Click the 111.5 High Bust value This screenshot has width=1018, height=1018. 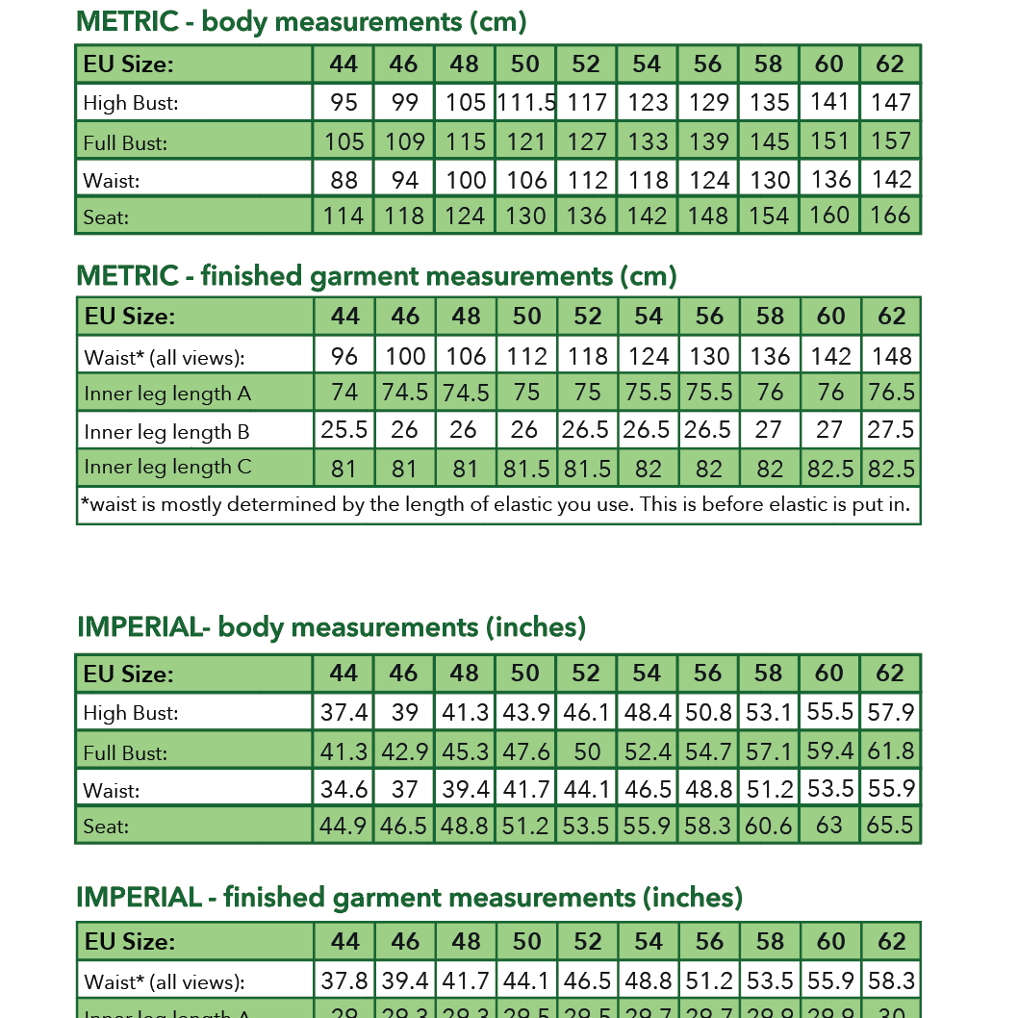click(x=526, y=103)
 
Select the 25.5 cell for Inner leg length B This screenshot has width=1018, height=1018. click(x=344, y=430)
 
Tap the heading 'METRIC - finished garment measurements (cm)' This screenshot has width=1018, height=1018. click(x=376, y=276)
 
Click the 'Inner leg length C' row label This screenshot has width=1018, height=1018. click(x=167, y=468)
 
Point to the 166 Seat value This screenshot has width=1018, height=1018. click(x=890, y=216)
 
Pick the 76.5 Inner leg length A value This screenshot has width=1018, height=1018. click(x=891, y=393)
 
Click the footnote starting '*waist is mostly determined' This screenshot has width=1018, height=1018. click(x=496, y=505)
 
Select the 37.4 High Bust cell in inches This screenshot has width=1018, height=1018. click(x=344, y=713)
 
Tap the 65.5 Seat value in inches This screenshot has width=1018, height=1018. click(x=890, y=826)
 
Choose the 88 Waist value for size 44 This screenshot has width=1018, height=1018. click(x=344, y=180)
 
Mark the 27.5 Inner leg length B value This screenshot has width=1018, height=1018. click(x=891, y=430)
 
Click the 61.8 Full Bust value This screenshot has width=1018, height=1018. click(x=890, y=751)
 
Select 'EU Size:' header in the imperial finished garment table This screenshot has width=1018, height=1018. click(x=129, y=942)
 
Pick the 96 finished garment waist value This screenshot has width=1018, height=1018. click(x=344, y=356)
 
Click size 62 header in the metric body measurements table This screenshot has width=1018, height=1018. click(x=890, y=64)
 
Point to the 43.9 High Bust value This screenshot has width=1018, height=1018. click(x=526, y=713)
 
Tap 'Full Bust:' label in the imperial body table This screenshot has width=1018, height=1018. click(x=125, y=752)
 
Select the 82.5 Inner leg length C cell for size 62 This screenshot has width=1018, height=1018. click(x=891, y=469)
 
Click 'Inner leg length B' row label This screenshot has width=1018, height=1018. click(x=166, y=432)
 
